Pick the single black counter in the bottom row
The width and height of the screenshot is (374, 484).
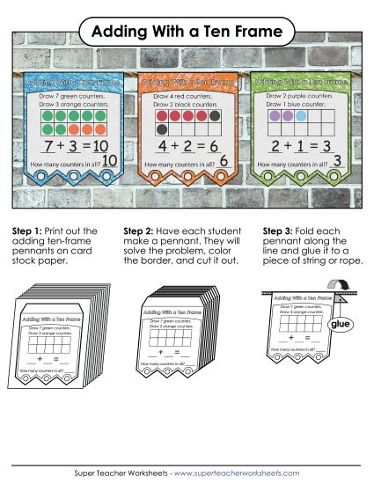pos(162,128)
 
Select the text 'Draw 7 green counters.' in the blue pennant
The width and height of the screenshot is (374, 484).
pos(62,94)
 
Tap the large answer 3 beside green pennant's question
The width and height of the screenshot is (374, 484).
pos(337,162)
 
